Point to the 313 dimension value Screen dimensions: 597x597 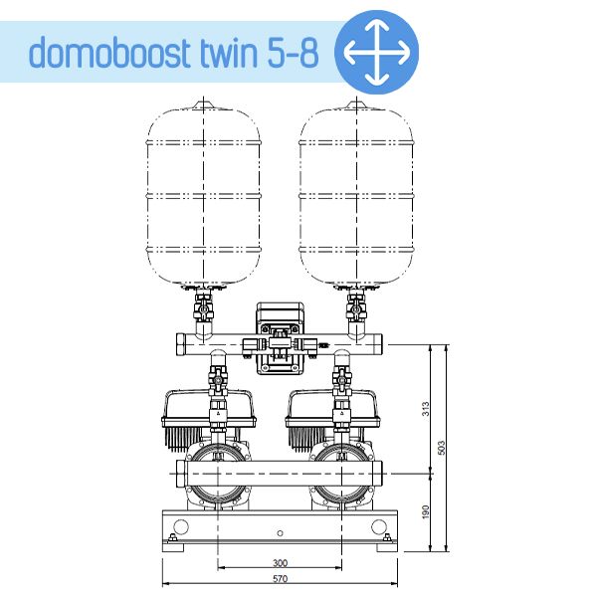(425, 409)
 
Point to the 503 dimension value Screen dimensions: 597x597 (442, 449)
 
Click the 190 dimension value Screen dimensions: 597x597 (425, 511)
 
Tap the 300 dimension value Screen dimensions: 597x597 (280, 562)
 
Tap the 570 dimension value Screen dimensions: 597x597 (280, 579)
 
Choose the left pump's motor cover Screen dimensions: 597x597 (204, 408)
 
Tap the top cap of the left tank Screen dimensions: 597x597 (204, 103)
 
